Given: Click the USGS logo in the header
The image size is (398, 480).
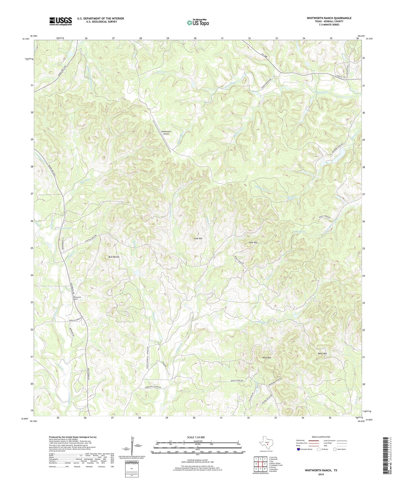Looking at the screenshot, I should click(x=60, y=21).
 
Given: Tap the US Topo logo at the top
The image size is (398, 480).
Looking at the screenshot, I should click(x=198, y=23).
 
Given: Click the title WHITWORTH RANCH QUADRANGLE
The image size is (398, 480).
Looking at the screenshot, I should click(x=329, y=18).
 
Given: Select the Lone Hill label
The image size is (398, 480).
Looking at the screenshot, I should click(x=198, y=239).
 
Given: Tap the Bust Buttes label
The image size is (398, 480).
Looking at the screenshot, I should click(x=114, y=257).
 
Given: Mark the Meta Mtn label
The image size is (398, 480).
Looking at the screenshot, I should click(x=322, y=353).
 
